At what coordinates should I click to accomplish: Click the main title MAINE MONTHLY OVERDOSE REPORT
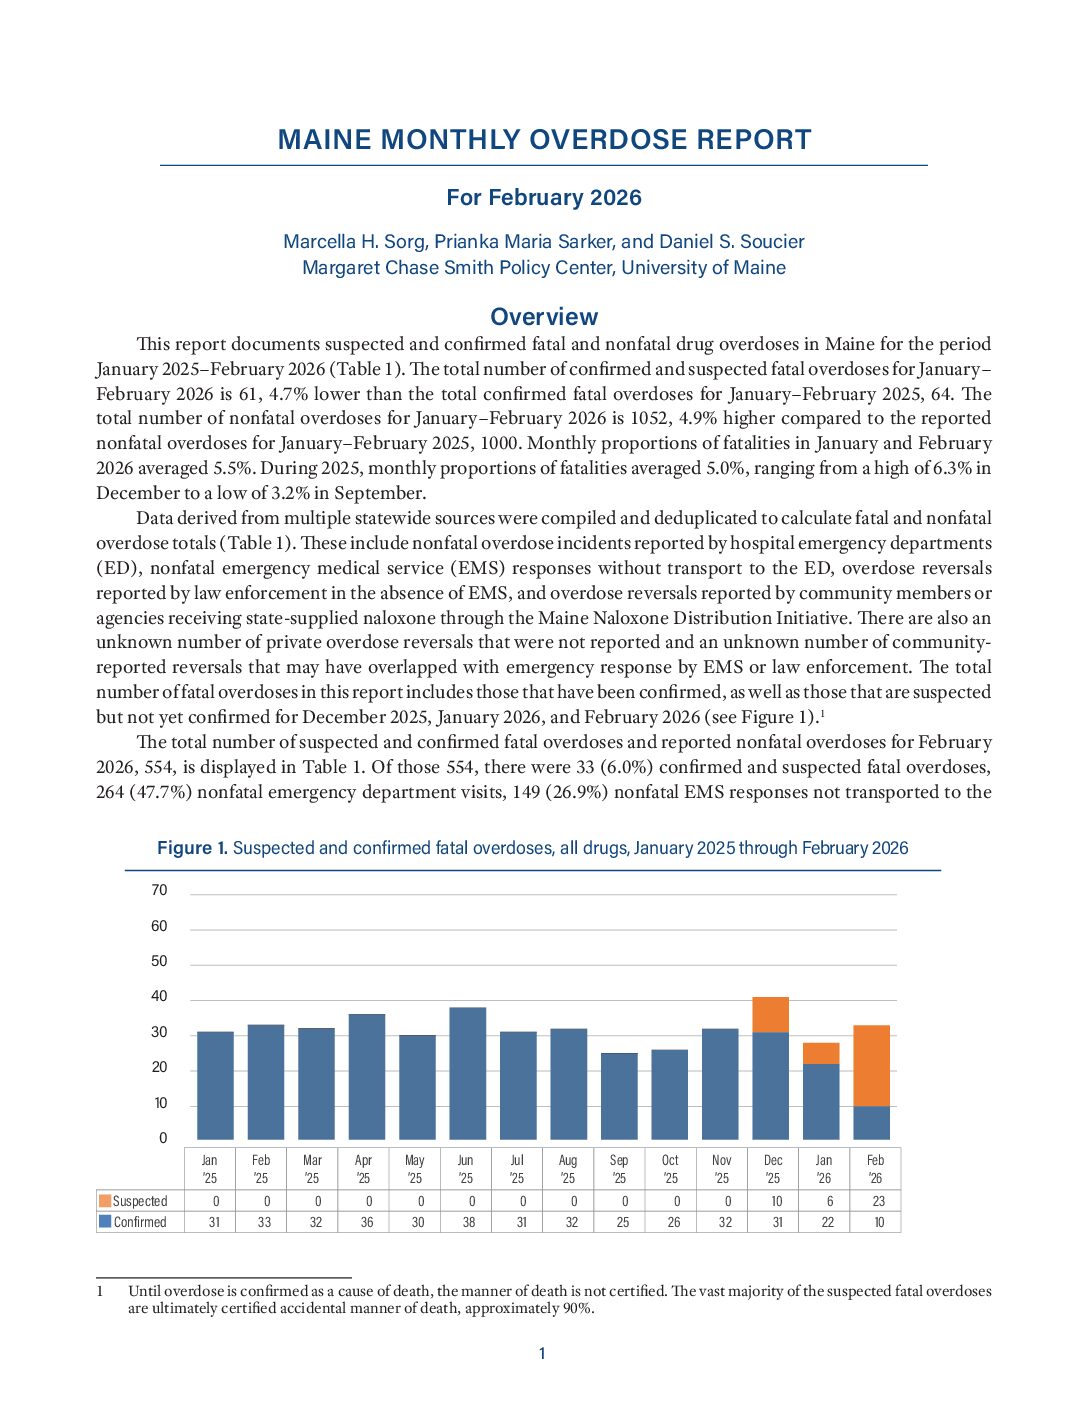544,140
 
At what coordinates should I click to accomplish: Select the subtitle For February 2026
544,197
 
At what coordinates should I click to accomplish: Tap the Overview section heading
544,317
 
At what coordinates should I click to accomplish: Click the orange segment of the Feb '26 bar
871,1065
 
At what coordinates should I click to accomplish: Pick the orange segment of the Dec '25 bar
770,1014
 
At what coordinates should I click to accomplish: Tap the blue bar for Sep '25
619,1096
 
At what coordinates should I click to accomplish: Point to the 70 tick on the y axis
159,890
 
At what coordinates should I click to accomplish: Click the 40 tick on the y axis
159,996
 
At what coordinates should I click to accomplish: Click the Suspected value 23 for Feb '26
878,1201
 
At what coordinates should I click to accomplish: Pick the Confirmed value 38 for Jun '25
469,1222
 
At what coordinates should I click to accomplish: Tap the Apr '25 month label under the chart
363,1169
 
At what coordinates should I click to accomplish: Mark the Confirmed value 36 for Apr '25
367,1222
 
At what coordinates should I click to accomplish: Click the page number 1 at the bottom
542,1354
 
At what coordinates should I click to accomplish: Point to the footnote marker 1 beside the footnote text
100,1291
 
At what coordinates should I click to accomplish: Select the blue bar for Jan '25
215,1085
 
